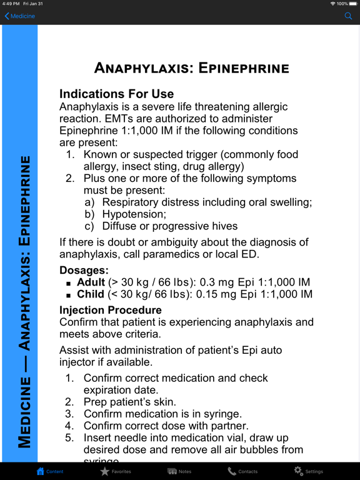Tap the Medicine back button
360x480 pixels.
pos(20,16)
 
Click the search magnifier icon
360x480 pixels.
pos(349,16)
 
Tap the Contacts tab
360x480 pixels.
pos(242,471)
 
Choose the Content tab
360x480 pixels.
pos(50,471)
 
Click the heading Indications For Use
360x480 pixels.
pos(116,94)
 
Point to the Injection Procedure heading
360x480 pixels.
pos(110,310)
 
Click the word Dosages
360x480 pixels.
pos(84,271)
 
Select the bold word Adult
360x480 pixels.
pos(91,282)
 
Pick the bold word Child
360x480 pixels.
pos(91,294)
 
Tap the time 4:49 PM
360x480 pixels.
pos(12,4)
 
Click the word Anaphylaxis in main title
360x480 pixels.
pos(141,68)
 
